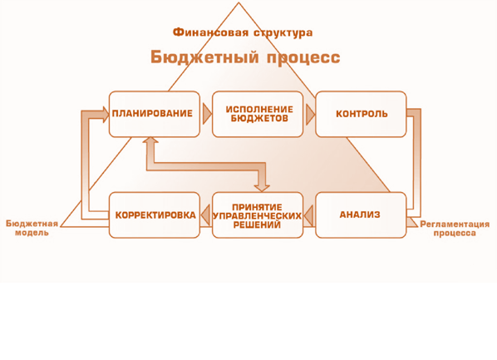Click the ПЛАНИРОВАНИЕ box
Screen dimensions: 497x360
click(x=155, y=114)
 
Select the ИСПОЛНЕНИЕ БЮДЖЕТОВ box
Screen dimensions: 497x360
click(x=258, y=114)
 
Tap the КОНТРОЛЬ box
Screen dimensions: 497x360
click(x=361, y=114)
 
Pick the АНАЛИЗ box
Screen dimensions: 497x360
click(x=361, y=215)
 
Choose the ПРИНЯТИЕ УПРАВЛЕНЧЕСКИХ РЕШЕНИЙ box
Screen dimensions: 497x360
click(x=258, y=215)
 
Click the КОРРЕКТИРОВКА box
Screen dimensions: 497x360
click(x=155, y=215)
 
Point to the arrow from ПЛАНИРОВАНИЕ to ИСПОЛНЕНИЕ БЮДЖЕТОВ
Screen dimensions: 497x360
click(x=207, y=114)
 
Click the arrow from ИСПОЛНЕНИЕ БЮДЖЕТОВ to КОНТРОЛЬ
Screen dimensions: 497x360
click(x=310, y=114)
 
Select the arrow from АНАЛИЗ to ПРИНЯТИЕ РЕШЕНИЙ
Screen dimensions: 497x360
click(x=308, y=215)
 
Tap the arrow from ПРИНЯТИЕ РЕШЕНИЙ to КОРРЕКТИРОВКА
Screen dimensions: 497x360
click(x=205, y=215)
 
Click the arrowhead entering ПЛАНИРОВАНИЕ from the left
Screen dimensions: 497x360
click(x=106, y=115)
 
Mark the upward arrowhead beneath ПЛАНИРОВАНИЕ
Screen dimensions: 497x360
click(x=150, y=140)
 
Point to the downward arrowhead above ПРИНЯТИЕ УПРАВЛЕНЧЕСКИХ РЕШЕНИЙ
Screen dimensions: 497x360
click(x=262, y=189)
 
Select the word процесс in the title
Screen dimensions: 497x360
click(x=303, y=58)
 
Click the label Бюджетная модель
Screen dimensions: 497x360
click(x=32, y=228)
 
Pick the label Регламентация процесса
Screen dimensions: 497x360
click(x=455, y=229)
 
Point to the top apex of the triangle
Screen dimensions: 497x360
click(x=239, y=2)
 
